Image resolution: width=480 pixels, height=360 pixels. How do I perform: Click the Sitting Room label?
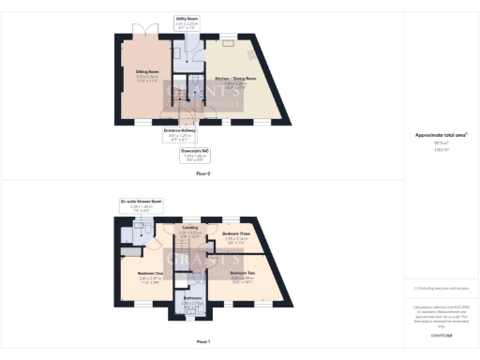pos(144,68)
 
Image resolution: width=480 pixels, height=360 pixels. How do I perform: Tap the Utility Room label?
pos(186,18)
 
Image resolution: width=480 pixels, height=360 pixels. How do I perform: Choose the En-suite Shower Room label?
pos(137,202)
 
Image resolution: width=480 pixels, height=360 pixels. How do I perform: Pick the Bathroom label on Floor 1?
pos(191,300)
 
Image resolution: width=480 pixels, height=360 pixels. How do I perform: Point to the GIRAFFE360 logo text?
pos(441,334)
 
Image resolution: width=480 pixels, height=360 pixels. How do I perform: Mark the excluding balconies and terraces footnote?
pos(441,289)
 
